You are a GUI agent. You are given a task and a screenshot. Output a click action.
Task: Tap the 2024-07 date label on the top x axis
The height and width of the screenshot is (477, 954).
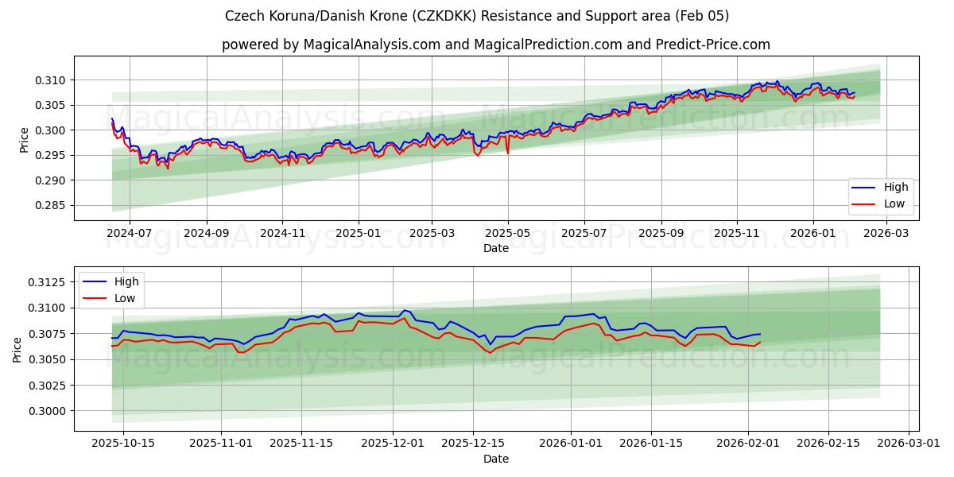click(129, 234)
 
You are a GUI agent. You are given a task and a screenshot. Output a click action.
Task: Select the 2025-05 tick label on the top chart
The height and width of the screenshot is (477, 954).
click(507, 234)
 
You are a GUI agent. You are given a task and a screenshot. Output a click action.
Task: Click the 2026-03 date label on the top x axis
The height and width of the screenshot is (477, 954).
click(886, 234)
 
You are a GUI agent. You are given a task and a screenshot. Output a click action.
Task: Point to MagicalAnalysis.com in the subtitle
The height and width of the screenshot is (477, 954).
click(372, 45)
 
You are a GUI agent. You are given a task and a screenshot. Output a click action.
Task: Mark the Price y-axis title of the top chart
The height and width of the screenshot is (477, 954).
click(25, 139)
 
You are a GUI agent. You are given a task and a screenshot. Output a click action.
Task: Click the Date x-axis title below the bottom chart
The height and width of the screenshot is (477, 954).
click(496, 459)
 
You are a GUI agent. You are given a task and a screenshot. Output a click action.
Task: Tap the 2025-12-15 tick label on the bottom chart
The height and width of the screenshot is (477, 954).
click(472, 444)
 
